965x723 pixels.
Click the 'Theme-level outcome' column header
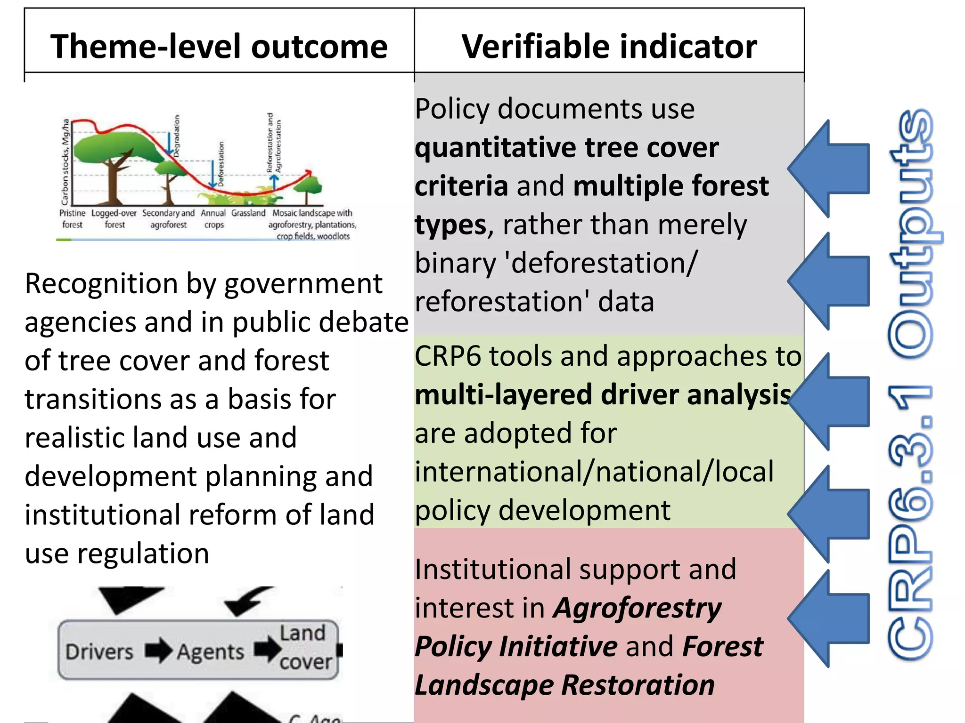click(219, 46)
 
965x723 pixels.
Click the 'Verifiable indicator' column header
click(609, 46)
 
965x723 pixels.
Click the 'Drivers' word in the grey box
click(99, 651)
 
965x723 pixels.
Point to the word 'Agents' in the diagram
click(211, 652)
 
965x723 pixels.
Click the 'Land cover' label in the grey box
click(304, 647)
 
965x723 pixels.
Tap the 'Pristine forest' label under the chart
click(72, 219)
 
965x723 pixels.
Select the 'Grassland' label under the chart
click(248, 213)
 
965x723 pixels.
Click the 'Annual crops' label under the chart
click(213, 219)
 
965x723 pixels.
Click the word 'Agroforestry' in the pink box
click(638, 608)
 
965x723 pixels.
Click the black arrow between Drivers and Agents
click(158, 651)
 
